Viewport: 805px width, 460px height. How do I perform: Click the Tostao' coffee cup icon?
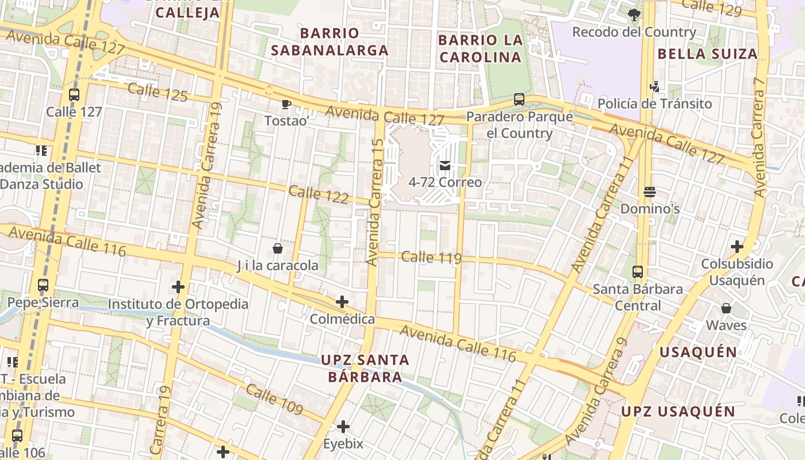pyautogui.click(x=286, y=104)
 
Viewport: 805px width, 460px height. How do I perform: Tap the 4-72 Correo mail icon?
pyautogui.click(x=445, y=166)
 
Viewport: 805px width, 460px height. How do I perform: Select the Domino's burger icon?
pyautogui.click(x=650, y=192)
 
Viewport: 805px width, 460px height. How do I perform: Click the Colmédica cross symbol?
pyautogui.click(x=342, y=302)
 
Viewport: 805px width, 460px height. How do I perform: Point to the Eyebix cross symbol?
pyautogui.click(x=343, y=427)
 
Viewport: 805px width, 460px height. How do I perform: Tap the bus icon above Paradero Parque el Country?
pyautogui.click(x=519, y=99)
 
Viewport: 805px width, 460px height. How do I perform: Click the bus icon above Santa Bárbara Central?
pyautogui.click(x=638, y=272)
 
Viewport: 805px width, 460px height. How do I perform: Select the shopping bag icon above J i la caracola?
pyautogui.click(x=278, y=248)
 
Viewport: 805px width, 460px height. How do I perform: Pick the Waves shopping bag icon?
pyautogui.click(x=726, y=308)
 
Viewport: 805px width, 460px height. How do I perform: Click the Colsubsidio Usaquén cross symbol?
pyautogui.click(x=737, y=247)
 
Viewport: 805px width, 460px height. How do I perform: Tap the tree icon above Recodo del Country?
pyautogui.click(x=634, y=15)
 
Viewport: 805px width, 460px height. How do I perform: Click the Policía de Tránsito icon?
pyautogui.click(x=654, y=87)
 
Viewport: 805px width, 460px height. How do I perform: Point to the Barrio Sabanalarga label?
pyautogui.click(x=329, y=42)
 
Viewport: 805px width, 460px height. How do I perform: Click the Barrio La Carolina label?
pyautogui.click(x=480, y=49)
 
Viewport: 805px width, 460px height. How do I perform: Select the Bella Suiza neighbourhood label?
pyautogui.click(x=707, y=54)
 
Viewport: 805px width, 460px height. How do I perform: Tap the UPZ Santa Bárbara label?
pyautogui.click(x=365, y=369)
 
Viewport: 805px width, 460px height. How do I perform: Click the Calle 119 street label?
pyautogui.click(x=431, y=257)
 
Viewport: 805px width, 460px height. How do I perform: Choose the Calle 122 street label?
pyautogui.click(x=319, y=194)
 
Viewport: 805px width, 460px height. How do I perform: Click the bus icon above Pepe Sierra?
pyautogui.click(x=43, y=285)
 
